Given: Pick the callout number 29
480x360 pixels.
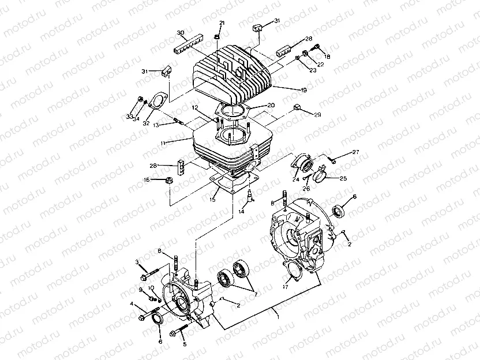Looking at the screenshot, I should [317, 115].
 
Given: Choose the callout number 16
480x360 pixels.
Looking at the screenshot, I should [148, 180].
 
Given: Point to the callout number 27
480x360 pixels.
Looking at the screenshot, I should [355, 152].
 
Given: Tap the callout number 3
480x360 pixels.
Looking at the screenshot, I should [137, 262].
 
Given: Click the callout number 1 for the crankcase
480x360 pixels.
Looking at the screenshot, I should [279, 317].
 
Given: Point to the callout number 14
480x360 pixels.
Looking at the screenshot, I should [242, 212].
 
